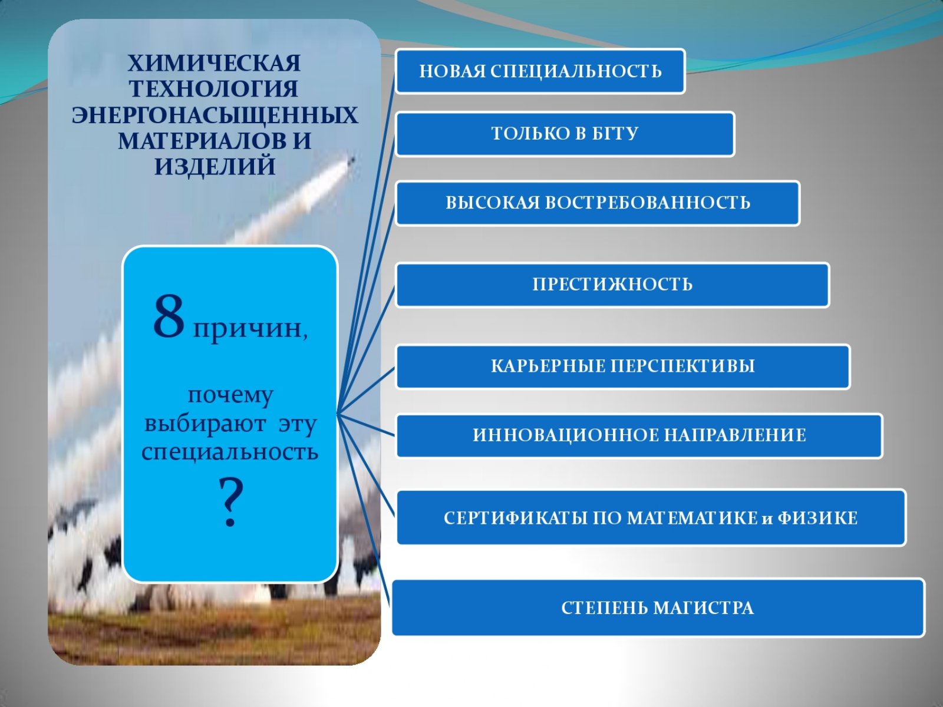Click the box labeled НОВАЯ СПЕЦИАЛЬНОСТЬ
[540, 71]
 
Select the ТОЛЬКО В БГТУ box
[565, 134]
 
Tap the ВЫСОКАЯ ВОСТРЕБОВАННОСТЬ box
[597, 203]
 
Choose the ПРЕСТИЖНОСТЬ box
[612, 285]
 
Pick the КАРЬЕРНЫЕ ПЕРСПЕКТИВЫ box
[622, 366]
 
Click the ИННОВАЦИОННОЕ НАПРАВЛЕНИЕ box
[639, 436]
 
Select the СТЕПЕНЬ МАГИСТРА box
[658, 607]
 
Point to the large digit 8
[169, 318]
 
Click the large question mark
[230, 503]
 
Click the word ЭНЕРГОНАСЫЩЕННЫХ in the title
[215, 115]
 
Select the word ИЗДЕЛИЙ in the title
[215, 167]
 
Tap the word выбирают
[205, 424]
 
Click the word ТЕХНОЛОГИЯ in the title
[214, 90]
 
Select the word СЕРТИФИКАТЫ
[516, 518]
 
